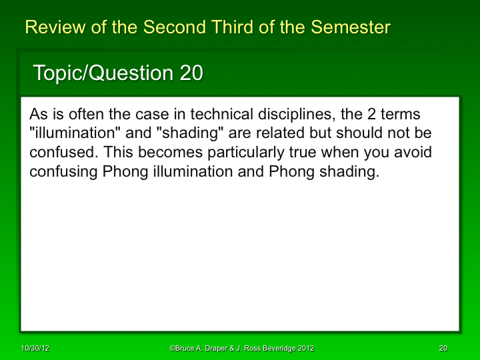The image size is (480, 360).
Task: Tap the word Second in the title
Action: pyautogui.click(x=172, y=27)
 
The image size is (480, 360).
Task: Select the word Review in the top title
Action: pyautogui.click(x=51, y=27)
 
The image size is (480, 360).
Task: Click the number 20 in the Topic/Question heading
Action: pyautogui.click(x=191, y=73)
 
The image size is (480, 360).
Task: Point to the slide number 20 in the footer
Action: pyautogui.click(x=443, y=348)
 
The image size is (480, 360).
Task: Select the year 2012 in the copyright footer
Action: pyautogui.click(x=305, y=348)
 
